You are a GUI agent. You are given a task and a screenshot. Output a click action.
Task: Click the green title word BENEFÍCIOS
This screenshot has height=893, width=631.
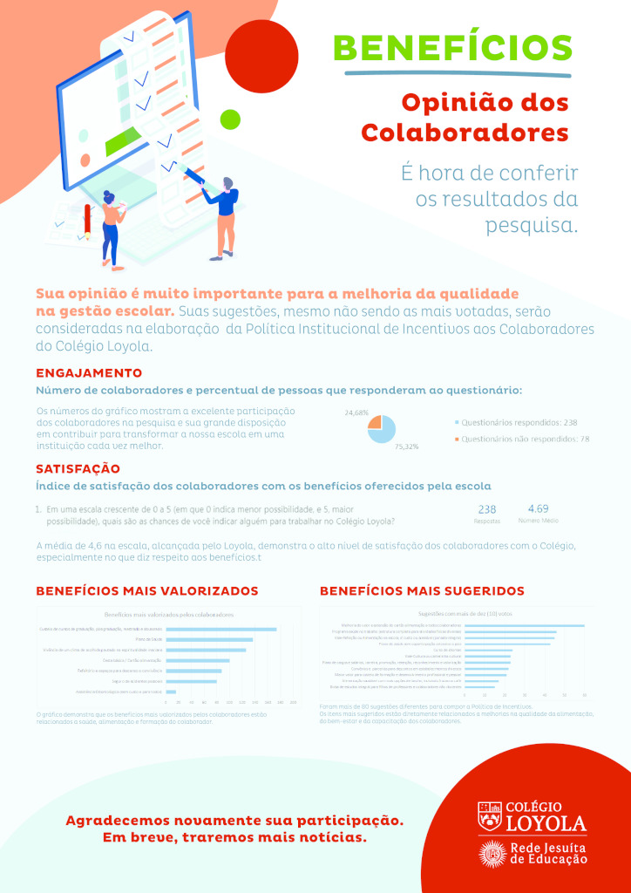[x=453, y=47]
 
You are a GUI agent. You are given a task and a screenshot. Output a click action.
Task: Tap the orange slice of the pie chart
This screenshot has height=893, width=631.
[x=375, y=422]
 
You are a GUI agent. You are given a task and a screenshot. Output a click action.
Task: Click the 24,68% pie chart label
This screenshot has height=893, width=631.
[x=356, y=412]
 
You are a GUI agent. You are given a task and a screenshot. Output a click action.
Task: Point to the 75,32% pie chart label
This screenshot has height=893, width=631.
[x=406, y=446]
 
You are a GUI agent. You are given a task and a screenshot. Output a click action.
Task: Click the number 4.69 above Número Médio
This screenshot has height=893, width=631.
[x=538, y=508]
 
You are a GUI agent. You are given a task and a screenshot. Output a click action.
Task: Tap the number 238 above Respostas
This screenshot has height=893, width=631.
[x=487, y=509]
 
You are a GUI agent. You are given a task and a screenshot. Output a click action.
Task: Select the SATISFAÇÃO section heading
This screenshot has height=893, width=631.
[x=78, y=468]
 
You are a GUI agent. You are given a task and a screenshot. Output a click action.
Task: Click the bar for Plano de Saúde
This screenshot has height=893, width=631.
[x=209, y=639]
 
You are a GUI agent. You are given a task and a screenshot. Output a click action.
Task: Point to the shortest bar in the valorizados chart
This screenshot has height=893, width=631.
[x=171, y=692]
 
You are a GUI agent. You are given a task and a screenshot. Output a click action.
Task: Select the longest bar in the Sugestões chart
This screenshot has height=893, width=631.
[x=525, y=625]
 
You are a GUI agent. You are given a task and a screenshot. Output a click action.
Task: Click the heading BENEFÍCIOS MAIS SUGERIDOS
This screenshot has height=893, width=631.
[x=422, y=591]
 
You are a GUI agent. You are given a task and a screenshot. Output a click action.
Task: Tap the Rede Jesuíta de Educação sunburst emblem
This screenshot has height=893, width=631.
[x=492, y=854]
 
